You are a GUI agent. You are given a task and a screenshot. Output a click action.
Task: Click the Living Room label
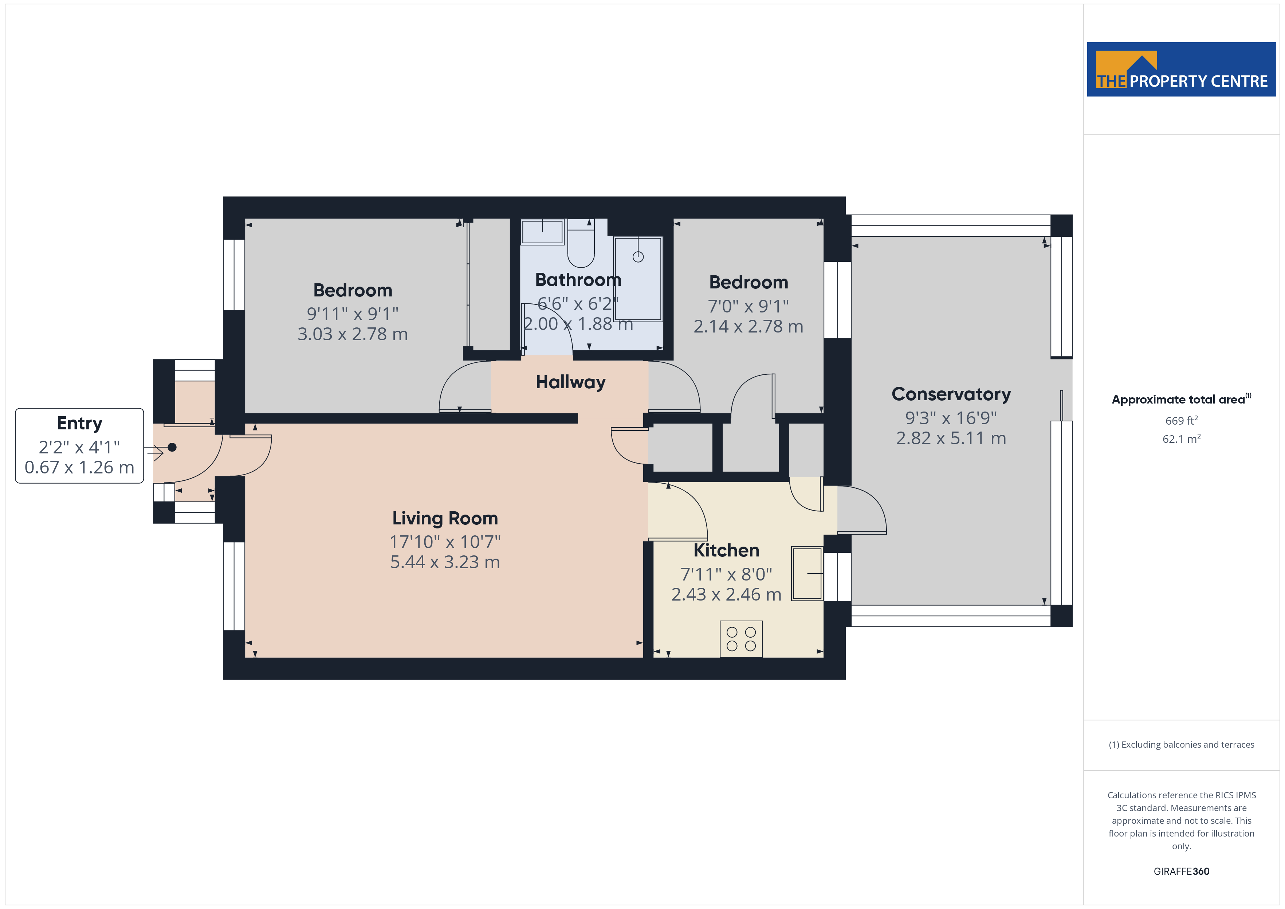click(445, 518)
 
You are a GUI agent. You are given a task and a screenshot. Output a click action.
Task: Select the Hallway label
click(570, 382)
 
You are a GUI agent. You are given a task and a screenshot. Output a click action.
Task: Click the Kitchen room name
click(726, 550)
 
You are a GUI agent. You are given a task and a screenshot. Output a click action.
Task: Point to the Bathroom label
click(578, 279)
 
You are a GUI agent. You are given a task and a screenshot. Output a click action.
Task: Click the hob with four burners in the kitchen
click(741, 639)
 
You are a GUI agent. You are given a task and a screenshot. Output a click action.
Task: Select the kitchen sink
click(807, 574)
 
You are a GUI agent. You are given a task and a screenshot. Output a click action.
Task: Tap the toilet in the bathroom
click(581, 244)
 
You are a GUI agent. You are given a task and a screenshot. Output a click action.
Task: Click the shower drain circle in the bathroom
click(638, 257)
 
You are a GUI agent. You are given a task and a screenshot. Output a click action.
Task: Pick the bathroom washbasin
click(542, 232)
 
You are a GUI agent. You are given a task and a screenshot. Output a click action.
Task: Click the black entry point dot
click(172, 447)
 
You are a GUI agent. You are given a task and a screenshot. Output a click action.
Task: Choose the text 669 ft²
click(1182, 420)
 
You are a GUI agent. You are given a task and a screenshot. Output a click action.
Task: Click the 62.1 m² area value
click(1182, 439)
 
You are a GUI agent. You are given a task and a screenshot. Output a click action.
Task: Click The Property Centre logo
click(1182, 70)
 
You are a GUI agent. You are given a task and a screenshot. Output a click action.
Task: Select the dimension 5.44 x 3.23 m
click(445, 562)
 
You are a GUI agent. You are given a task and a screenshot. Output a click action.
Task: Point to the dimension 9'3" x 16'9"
click(951, 418)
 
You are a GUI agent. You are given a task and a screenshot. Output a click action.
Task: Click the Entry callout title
click(79, 424)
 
